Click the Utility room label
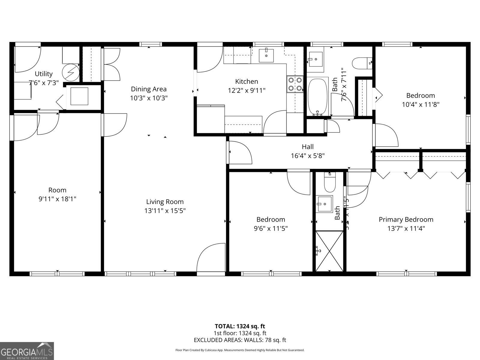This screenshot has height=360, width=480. click(44, 74)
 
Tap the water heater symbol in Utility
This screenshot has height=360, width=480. click(70, 72)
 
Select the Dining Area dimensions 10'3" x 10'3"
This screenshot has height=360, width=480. click(148, 98)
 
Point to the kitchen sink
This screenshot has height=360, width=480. click(266, 55)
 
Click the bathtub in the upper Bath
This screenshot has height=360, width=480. click(317, 96)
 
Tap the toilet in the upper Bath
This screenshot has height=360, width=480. click(362, 63)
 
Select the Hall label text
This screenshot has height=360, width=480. click(308, 147)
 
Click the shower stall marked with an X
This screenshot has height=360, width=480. click(329, 250)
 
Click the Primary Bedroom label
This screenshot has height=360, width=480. click(406, 220)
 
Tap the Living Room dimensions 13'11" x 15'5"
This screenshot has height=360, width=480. click(165, 211)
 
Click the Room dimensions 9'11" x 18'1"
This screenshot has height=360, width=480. click(57, 199)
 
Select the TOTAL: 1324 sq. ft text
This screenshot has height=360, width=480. click(240, 326)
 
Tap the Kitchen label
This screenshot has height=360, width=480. click(247, 81)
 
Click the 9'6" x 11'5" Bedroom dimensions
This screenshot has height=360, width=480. click(271, 229)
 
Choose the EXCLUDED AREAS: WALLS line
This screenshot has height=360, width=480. click(240, 340)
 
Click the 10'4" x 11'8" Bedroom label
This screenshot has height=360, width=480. click(420, 96)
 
